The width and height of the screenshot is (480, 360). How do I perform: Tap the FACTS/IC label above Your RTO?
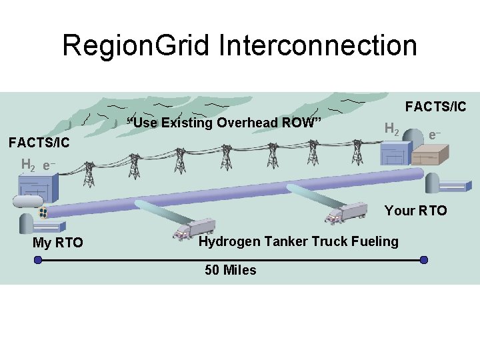coord(436,107)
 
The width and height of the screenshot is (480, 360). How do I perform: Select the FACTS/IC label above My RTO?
coord(39,143)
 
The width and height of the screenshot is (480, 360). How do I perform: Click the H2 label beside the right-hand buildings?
coord(393,129)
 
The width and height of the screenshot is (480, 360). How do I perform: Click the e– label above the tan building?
coord(434,135)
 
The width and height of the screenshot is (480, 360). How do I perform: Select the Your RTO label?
coord(415,211)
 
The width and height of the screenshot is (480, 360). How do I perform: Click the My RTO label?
coord(58,243)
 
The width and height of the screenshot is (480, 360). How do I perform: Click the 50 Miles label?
coord(230,270)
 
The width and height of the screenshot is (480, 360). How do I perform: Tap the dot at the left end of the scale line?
coord(37,260)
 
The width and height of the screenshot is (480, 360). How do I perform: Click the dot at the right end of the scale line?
coord(424,260)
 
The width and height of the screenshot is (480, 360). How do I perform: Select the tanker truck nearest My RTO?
coord(194,228)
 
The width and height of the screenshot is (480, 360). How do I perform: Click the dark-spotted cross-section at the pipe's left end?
coord(43,213)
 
